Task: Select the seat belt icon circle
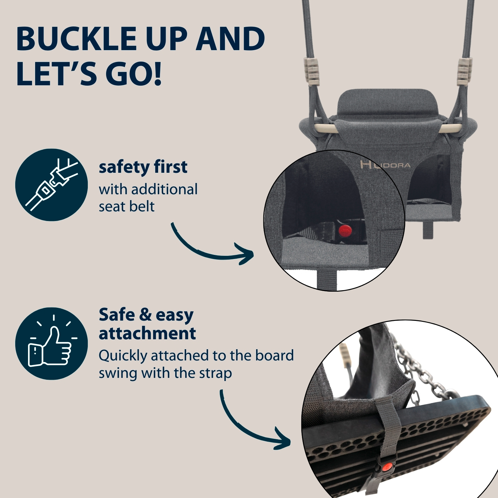click(x=51, y=185)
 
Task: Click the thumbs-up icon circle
click(x=51, y=343)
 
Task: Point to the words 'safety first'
click(x=143, y=167)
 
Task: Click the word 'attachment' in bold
click(x=147, y=333)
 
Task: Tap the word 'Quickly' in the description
click(x=123, y=356)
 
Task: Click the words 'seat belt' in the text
click(x=126, y=206)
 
